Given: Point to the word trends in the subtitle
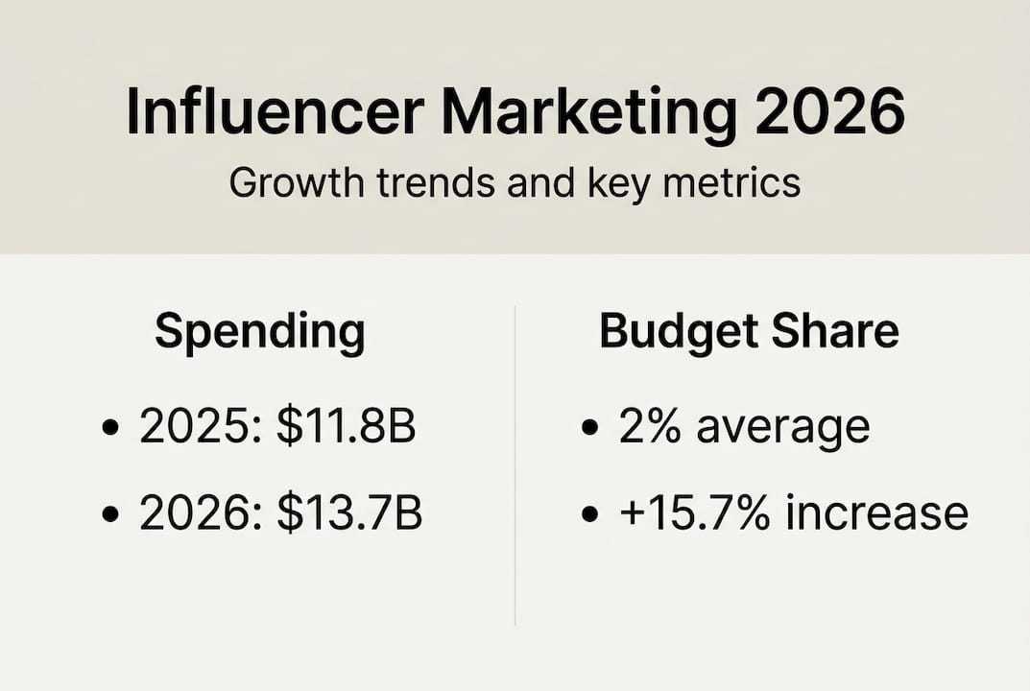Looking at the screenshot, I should tap(429, 181).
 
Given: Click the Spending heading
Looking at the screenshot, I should tap(260, 333).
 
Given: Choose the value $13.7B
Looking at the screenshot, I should tap(349, 514).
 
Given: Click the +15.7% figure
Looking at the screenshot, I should tap(695, 514).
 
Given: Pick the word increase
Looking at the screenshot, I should tap(876, 514).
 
